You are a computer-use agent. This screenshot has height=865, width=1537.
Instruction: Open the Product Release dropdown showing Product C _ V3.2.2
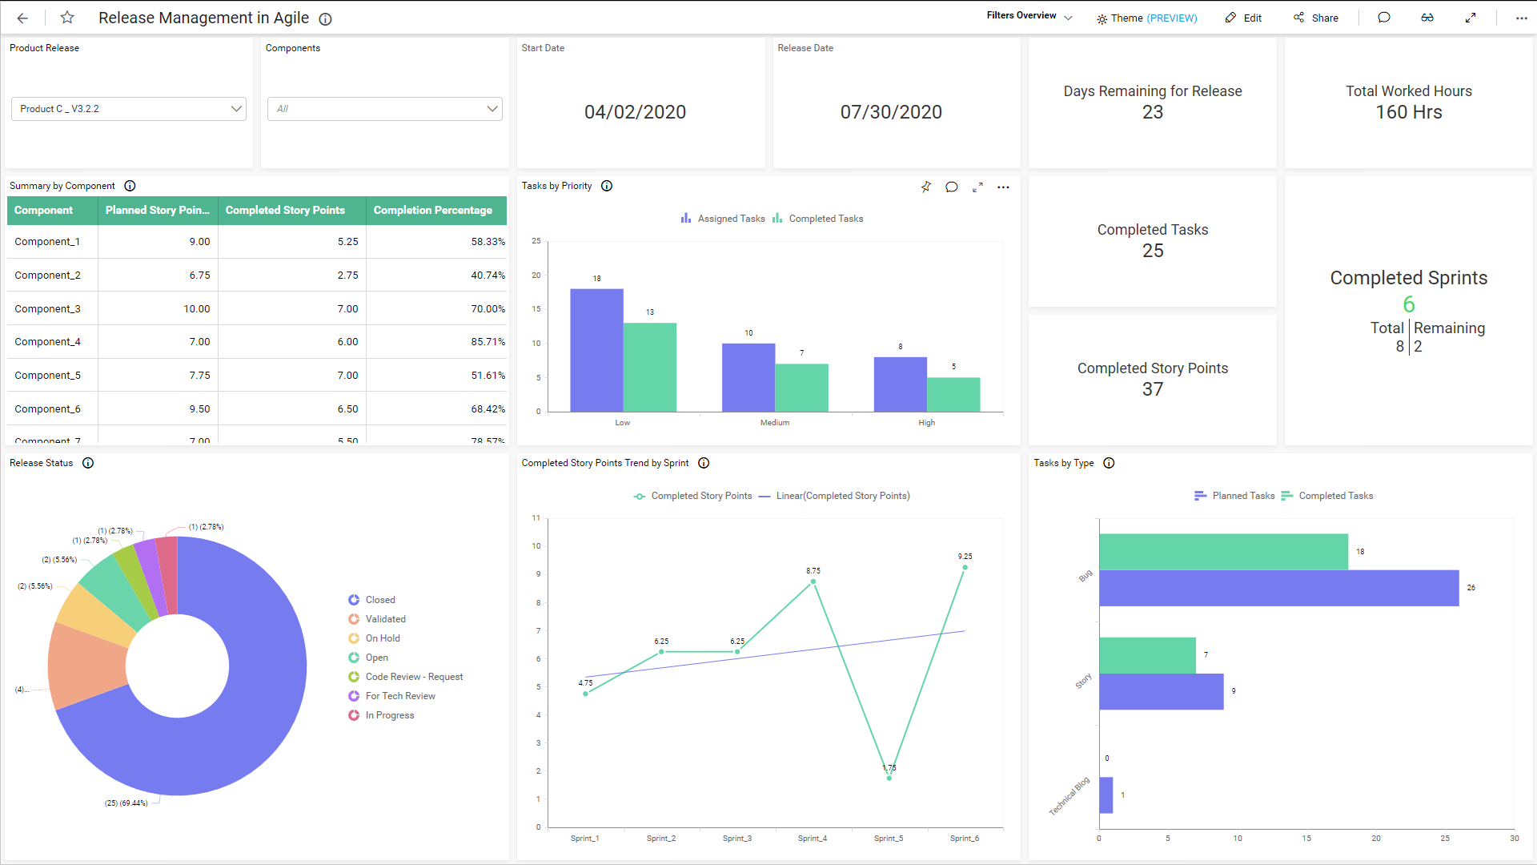(x=128, y=109)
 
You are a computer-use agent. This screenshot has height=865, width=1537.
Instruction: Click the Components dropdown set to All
(x=384, y=109)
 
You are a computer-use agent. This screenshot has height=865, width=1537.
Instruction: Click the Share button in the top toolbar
(x=1316, y=18)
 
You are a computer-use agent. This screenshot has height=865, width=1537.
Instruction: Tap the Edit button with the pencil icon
(x=1243, y=18)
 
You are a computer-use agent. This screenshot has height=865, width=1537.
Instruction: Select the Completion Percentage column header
(x=433, y=210)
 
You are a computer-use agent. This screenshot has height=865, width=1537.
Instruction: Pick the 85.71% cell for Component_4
(x=488, y=342)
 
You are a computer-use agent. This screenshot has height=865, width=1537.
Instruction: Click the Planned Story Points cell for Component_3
(x=196, y=309)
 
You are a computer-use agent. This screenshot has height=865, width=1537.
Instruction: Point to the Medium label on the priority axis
(x=775, y=423)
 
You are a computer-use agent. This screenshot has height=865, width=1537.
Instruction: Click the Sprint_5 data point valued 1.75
(x=889, y=778)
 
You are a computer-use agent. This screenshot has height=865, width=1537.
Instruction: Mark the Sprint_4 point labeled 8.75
(x=813, y=581)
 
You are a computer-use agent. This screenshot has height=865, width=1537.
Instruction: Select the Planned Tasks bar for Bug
(x=1278, y=588)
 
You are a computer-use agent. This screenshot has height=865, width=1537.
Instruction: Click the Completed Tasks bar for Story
(x=1147, y=655)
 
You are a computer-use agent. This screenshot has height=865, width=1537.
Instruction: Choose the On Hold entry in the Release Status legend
(x=383, y=638)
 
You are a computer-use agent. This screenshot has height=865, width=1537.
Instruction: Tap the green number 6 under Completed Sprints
(x=1409, y=304)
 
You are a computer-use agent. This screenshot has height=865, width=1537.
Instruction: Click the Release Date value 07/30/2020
(x=891, y=112)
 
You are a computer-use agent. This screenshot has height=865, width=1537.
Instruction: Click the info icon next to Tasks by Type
(x=1109, y=463)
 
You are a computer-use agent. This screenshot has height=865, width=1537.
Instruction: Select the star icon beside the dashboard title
(x=68, y=18)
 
